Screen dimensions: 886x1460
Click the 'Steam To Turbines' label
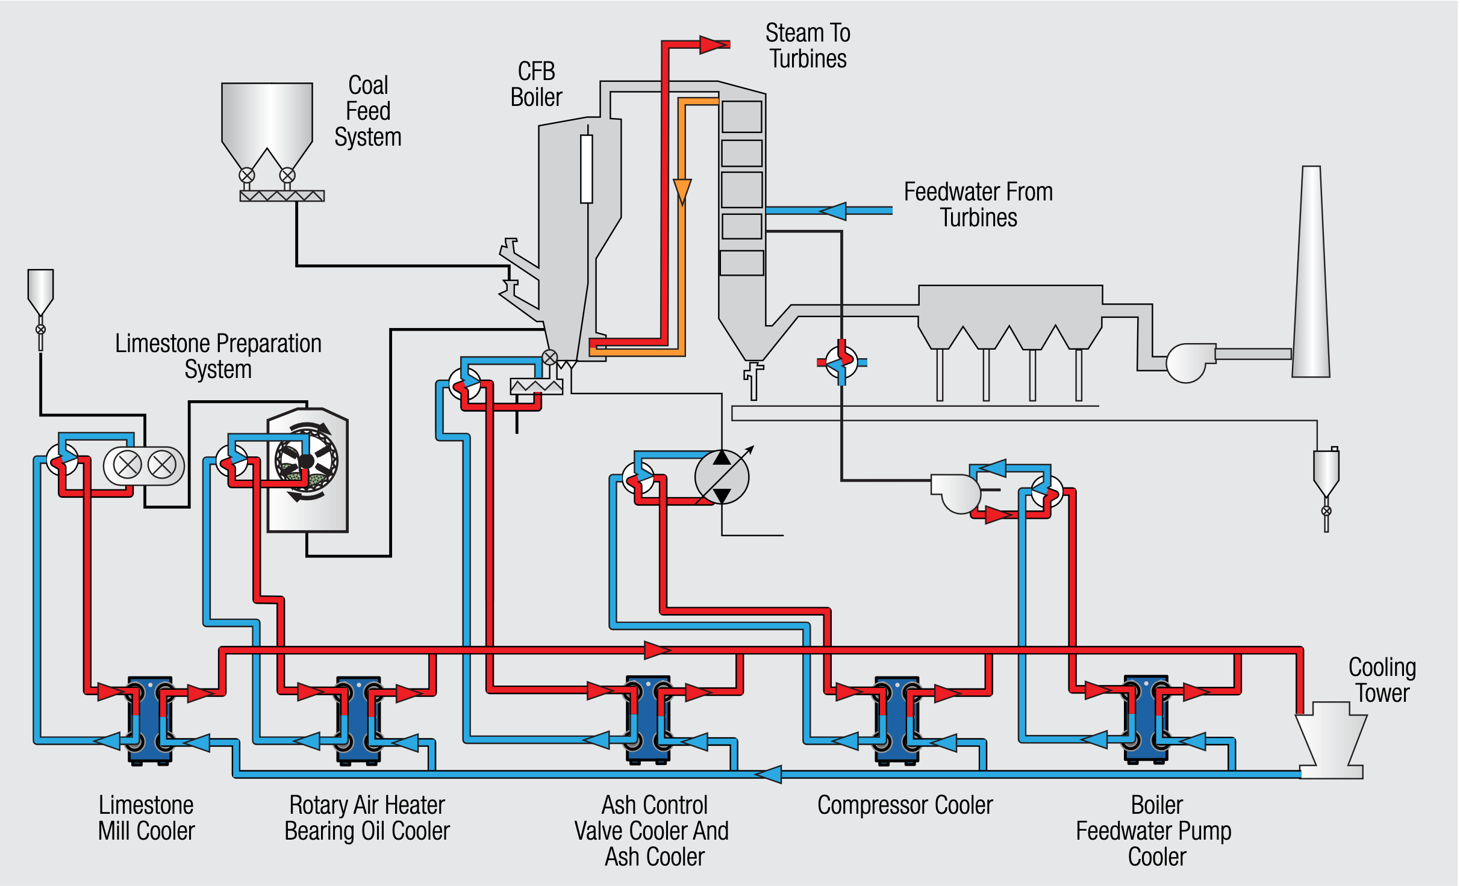[x=808, y=46]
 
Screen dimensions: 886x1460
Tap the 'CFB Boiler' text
[x=536, y=84]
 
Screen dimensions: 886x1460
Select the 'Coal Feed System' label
[x=368, y=111]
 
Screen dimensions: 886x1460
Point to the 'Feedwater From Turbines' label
[x=978, y=205]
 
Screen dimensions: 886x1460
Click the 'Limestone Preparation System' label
[x=218, y=356]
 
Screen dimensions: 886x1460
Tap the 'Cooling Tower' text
[x=1382, y=680]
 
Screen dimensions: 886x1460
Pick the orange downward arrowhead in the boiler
[x=682, y=191]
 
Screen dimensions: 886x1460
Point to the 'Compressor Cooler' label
[x=905, y=805]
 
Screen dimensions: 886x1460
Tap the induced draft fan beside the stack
[x=1187, y=362]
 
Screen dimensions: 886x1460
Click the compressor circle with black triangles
[x=722, y=477]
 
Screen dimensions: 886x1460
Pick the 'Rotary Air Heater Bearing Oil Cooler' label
[x=367, y=818]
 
